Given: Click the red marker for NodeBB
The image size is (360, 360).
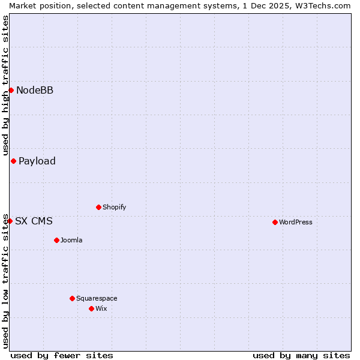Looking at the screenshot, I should tap(11, 90).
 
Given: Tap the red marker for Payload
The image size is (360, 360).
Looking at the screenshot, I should tap(13, 161).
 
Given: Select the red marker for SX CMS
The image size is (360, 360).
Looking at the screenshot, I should tap(10, 221).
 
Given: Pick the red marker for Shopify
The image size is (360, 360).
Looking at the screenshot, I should tap(98, 207).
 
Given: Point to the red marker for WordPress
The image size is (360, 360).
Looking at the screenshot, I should tap(275, 222).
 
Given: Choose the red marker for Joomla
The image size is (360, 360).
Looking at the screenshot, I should tap(56, 240).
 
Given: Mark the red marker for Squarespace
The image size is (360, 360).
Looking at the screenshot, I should tap(72, 298).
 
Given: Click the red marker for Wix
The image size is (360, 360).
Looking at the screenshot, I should tap(91, 308).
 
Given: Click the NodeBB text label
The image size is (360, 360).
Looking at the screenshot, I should tap(35, 91).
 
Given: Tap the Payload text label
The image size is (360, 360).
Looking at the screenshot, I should tap(37, 161).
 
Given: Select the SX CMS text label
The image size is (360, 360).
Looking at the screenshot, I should tap(34, 221).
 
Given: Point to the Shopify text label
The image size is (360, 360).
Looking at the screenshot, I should tap(115, 207).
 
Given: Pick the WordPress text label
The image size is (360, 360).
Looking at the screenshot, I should tap(296, 222).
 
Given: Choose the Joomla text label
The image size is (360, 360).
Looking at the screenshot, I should tap(71, 240).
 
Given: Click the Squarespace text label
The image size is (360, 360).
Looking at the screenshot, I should tap(97, 298).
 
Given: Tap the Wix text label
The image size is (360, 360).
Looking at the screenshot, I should tap(101, 308).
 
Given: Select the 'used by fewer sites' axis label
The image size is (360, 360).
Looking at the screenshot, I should tap(62, 355).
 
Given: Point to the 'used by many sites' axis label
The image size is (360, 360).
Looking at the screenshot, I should tap(301, 355).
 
